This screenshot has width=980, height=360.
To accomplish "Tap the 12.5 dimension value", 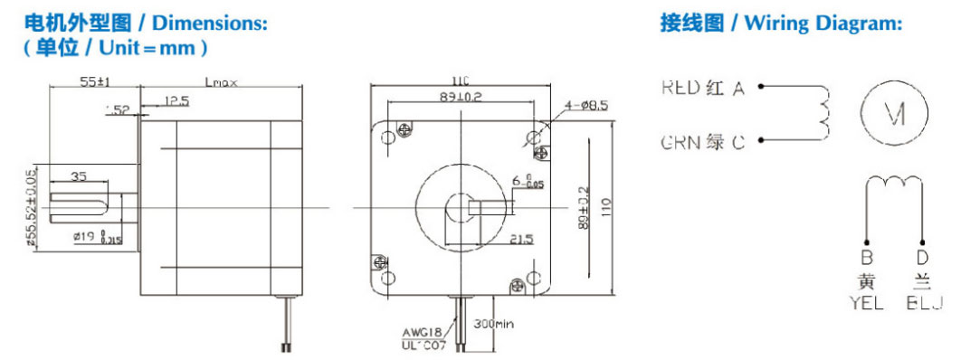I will point(176,99).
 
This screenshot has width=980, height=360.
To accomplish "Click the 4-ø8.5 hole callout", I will point(589,106).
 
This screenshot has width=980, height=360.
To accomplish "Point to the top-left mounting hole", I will point(390,137).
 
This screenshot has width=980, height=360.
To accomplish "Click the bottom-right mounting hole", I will point(534,275).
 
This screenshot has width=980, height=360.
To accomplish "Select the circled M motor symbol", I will point(895,113).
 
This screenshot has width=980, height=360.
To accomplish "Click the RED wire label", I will point(680,88).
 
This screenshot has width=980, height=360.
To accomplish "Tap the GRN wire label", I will point(680,143).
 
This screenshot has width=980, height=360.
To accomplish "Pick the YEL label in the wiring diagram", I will point(867,304).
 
